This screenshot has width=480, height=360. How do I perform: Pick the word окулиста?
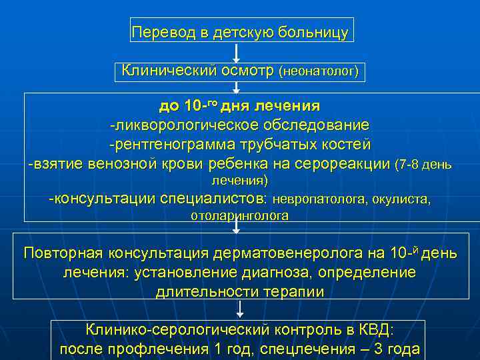pyautogui.click(x=400, y=199)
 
